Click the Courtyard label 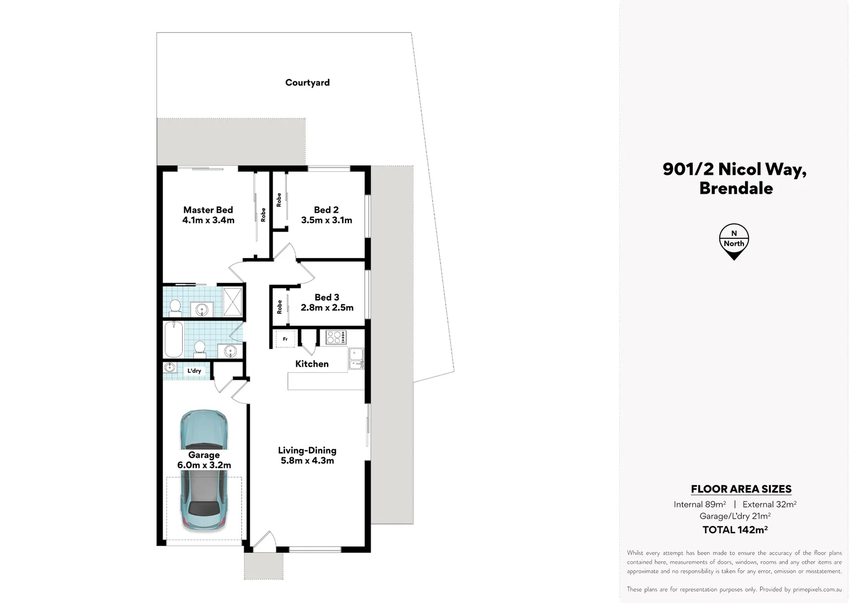pyautogui.click(x=307, y=83)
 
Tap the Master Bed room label pyautogui.click(x=208, y=210)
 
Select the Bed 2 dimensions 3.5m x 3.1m pyautogui.click(x=326, y=221)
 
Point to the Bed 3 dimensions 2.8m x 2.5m pyautogui.click(x=327, y=308)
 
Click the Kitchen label pyautogui.click(x=312, y=364)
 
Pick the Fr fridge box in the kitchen pyautogui.click(x=285, y=339)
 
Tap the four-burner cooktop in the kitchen pyautogui.click(x=336, y=337)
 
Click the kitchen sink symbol pyautogui.click(x=356, y=359)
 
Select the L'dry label pyautogui.click(x=194, y=371)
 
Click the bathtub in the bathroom pyautogui.click(x=173, y=339)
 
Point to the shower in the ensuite pyautogui.click(x=233, y=301)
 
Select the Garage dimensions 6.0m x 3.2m pyautogui.click(x=204, y=465)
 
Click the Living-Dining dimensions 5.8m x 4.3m pyautogui.click(x=307, y=461)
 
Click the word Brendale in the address pyautogui.click(x=736, y=188)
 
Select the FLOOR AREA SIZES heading pyautogui.click(x=741, y=489)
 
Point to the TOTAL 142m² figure pyautogui.click(x=735, y=530)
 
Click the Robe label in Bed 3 pyautogui.click(x=279, y=307)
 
